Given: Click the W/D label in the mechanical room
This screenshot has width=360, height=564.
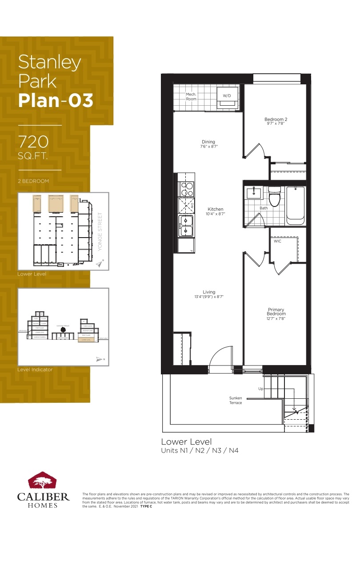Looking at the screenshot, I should pyautogui.click(x=227, y=95).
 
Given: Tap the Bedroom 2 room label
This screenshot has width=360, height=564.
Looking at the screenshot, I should pyautogui.click(x=276, y=119).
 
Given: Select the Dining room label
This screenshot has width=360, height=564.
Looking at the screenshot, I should pyautogui.click(x=208, y=142).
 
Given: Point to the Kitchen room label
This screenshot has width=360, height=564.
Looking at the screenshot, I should pyautogui.click(x=216, y=209).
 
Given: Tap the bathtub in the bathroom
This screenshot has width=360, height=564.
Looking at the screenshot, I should pyautogui.click(x=295, y=205).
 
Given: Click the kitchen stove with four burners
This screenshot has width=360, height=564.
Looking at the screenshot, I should pyautogui.click(x=186, y=190).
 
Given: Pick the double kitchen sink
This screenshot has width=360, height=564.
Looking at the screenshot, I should pyautogui.click(x=186, y=226).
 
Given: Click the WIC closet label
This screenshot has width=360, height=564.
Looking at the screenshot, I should pyautogui.click(x=277, y=241).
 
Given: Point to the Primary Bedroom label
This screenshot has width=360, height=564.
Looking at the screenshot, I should pyautogui.click(x=276, y=312).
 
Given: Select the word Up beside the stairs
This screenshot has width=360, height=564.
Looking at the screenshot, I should pyautogui.click(x=261, y=389).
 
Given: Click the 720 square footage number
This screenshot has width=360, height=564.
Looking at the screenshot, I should pyautogui.click(x=33, y=142).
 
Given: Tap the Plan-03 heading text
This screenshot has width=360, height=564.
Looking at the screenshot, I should pyautogui.click(x=56, y=101).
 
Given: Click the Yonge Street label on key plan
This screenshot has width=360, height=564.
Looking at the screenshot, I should pyautogui.click(x=100, y=231).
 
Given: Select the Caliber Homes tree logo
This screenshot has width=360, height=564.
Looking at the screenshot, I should pyautogui.click(x=43, y=481).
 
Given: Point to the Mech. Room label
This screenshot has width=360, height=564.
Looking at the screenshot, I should pyautogui.click(x=191, y=96).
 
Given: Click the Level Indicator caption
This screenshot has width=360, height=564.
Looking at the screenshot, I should pyautogui.click(x=35, y=369).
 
